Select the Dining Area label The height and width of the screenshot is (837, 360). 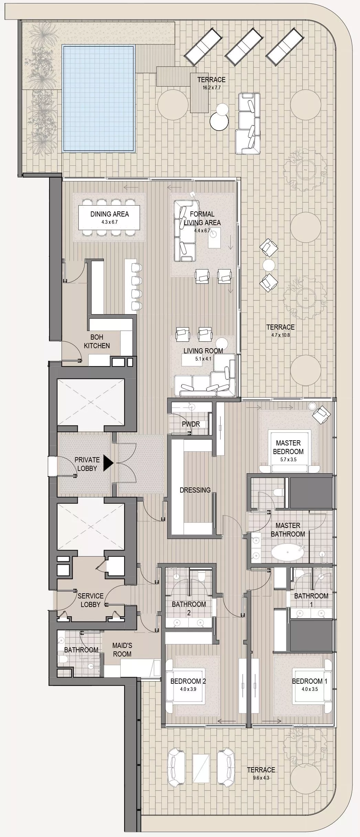[x=110, y=214]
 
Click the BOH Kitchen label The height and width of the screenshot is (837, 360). [x=97, y=341]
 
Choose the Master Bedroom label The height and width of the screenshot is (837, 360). [x=288, y=447]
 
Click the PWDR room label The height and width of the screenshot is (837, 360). [x=191, y=424]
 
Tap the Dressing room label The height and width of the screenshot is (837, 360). [x=195, y=490]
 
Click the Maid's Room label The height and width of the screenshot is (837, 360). [x=122, y=650]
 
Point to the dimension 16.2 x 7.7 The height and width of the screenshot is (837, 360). [x=211, y=88]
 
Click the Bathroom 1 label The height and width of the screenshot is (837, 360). [x=311, y=600]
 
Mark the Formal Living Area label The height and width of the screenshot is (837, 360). [x=202, y=218]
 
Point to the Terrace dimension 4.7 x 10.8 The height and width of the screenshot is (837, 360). [x=278, y=335]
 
